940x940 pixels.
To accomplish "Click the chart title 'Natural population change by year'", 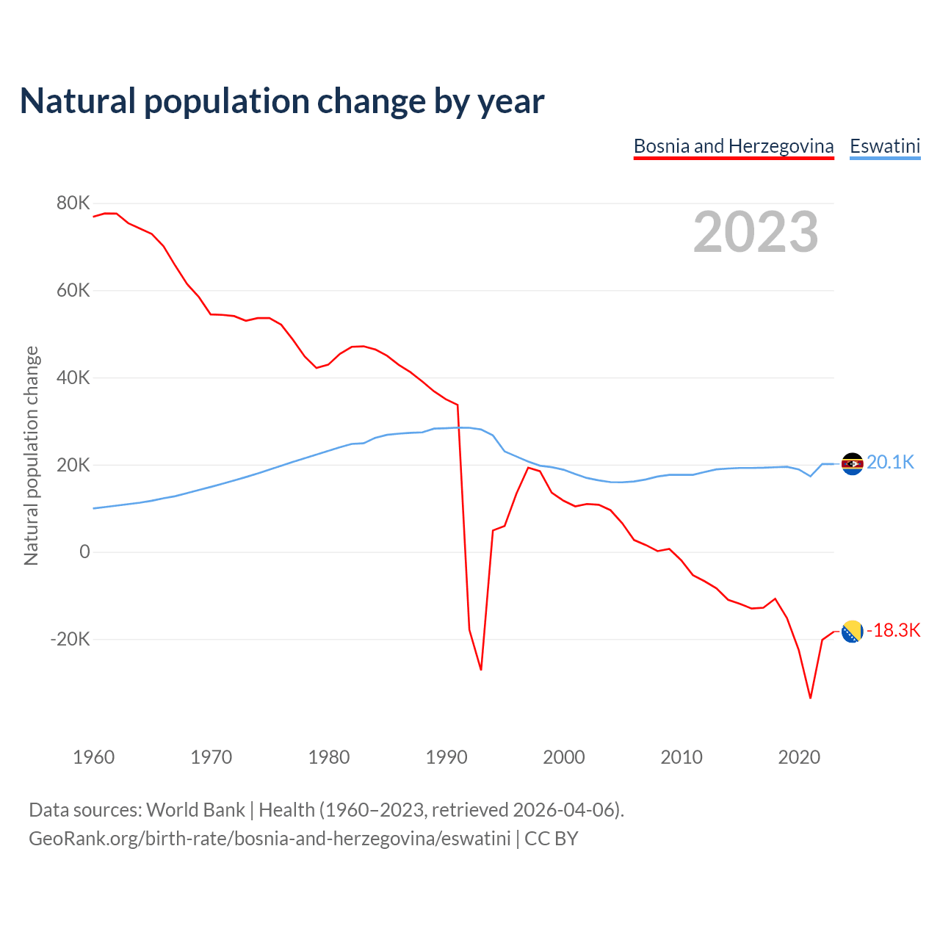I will tap(282, 101).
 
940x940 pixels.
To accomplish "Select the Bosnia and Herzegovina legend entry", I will tap(734, 146).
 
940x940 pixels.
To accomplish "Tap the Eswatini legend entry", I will tap(885, 146).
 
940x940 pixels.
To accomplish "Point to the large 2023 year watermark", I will tap(756, 232).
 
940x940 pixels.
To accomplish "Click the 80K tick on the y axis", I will tap(73, 203).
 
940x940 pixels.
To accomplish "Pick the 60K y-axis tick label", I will tap(73, 291).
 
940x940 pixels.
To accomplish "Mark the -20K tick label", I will tap(70, 640).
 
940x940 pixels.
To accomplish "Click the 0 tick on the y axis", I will tap(84, 552).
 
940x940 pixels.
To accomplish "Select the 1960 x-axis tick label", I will tap(94, 757).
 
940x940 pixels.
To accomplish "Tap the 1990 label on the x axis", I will tap(446, 757).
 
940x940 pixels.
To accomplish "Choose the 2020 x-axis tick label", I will tap(799, 757).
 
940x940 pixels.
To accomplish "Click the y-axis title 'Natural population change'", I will tap(31, 455).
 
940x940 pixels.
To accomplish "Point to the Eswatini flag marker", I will tap(852, 463).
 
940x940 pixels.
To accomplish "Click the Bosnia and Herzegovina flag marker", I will tap(852, 631).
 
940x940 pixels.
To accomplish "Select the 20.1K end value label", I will tap(890, 463).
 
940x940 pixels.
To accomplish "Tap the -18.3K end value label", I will tap(893, 631).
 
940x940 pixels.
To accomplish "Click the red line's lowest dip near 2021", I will tap(810, 698).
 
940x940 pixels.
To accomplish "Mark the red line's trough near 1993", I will tap(481, 669).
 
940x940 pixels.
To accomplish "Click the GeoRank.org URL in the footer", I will tap(270, 839).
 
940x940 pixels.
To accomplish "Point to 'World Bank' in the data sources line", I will tap(195, 810).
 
